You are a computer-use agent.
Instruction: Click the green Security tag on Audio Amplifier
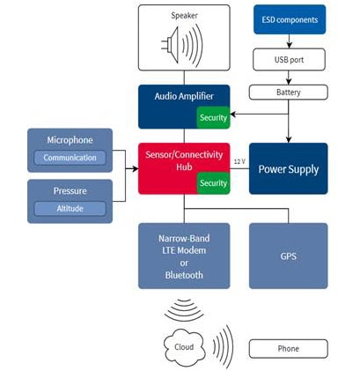click(x=213, y=117)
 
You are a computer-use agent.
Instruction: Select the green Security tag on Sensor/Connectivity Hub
click(x=213, y=182)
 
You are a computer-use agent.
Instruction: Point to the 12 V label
click(x=239, y=161)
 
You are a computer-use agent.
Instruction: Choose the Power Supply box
click(x=288, y=168)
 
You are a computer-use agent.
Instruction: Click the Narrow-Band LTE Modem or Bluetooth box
click(x=183, y=255)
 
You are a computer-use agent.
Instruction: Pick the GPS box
click(x=288, y=255)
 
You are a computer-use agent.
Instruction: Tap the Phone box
click(x=288, y=348)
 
